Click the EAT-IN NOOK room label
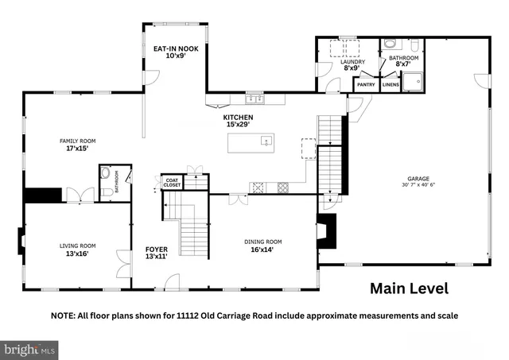pyautogui.click(x=176, y=48)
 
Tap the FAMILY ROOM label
pyautogui.click(x=72, y=141)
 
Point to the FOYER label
pyautogui.click(x=156, y=249)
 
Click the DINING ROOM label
pyautogui.click(x=262, y=242)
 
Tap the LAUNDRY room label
pyautogui.click(x=354, y=61)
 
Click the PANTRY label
pyautogui.click(x=367, y=84)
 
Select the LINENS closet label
pyautogui.click(x=390, y=84)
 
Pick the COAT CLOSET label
pyautogui.click(x=172, y=182)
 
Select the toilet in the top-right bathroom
pyautogui.click(x=389, y=45)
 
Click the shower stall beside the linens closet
pyautogui.click(x=412, y=82)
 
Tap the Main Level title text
pyautogui.click(x=409, y=288)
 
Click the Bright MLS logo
pyautogui.click(x=30, y=348)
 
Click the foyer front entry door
pyautogui.click(x=169, y=281)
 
